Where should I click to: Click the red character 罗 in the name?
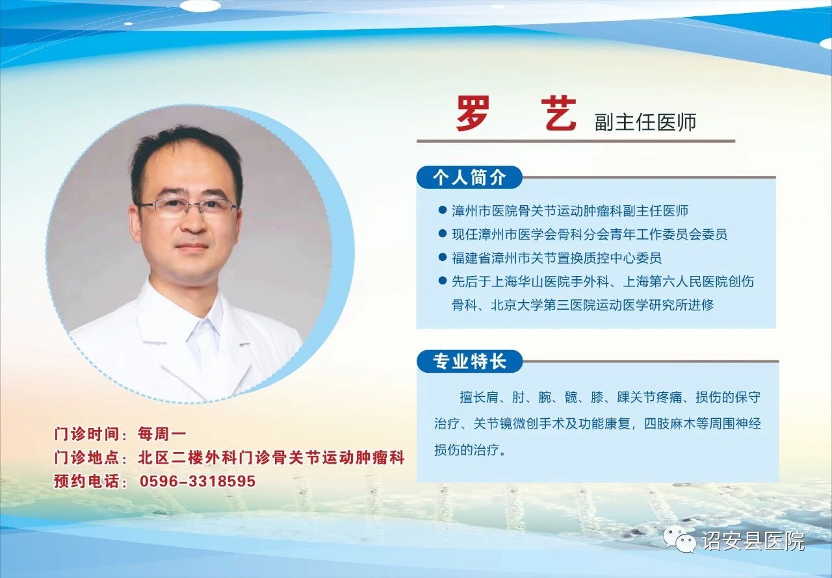coord(473,114)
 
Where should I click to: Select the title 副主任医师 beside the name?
coord(645,123)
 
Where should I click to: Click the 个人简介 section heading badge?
coord(469,177)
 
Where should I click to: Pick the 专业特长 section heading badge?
coord(469,361)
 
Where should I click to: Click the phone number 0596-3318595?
coord(198,481)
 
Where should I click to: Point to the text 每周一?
coord(162,434)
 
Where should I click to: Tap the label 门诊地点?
coord(86,457)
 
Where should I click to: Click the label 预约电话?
coord(86,481)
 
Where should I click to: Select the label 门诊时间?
coord(86,434)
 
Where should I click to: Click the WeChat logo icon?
coord(680,540)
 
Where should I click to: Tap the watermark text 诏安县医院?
coord(753,541)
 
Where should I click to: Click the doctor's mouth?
coord(192,246)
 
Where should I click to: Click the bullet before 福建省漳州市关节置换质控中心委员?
coord(442,257)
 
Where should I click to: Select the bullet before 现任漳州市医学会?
coord(442,233)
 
